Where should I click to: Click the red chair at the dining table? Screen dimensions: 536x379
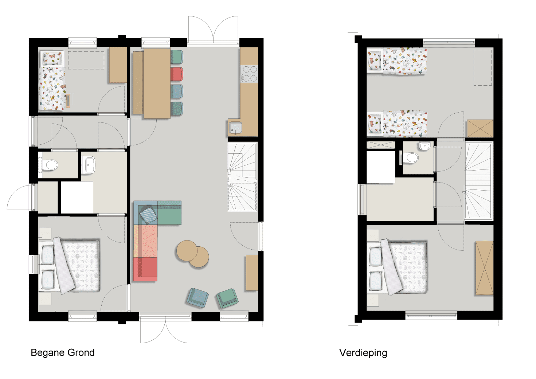[x=177, y=74]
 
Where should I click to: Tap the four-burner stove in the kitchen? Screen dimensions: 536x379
[x=249, y=74]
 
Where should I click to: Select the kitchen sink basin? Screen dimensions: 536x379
[x=235, y=128]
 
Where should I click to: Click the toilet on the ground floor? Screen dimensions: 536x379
[x=50, y=165]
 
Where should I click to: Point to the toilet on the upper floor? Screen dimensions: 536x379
[x=411, y=158]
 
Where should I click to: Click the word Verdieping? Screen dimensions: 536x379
[x=363, y=353]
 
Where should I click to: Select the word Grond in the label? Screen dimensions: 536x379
[x=81, y=353]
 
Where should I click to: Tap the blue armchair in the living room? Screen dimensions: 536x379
[x=197, y=298]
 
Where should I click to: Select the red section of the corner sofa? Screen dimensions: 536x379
[x=145, y=269]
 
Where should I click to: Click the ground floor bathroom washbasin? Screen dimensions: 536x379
[x=88, y=165]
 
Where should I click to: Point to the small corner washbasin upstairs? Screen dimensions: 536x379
[x=425, y=146]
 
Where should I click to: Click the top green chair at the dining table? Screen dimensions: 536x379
[x=177, y=57]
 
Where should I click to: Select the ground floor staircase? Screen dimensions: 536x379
[x=242, y=177]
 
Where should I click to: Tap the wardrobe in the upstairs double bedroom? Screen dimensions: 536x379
[x=485, y=268]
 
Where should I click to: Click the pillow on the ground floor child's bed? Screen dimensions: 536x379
[x=52, y=58]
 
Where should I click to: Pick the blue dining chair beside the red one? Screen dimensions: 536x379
[x=177, y=91]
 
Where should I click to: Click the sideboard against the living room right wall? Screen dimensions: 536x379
[x=252, y=273]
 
